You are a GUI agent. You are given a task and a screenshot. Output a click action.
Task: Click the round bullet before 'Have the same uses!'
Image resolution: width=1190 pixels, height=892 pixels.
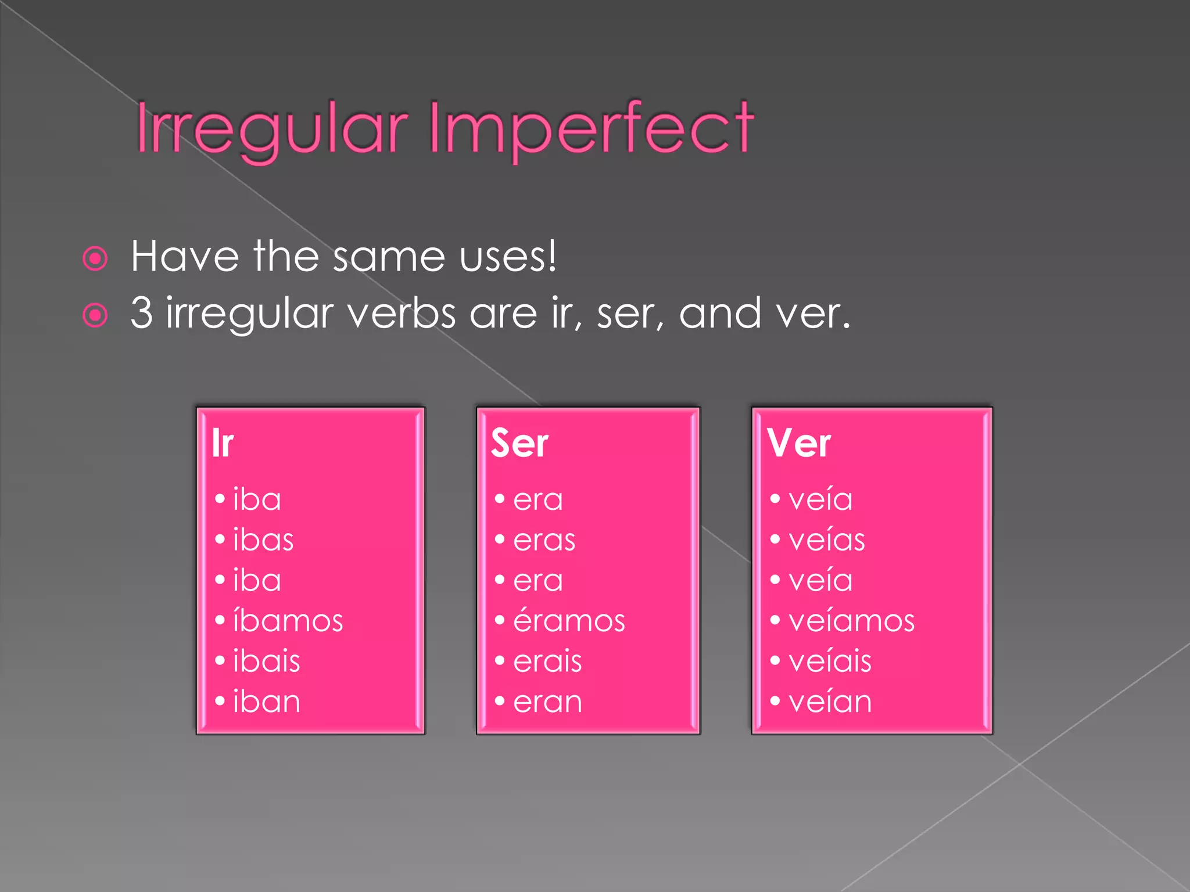tap(95, 258)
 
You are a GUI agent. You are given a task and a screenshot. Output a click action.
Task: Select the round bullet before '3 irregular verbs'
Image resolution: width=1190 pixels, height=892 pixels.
tap(95, 315)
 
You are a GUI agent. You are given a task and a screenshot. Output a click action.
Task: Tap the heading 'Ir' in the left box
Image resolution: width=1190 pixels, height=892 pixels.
tap(223, 443)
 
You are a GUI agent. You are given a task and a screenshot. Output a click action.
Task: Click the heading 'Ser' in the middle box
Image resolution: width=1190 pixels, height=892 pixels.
tap(519, 443)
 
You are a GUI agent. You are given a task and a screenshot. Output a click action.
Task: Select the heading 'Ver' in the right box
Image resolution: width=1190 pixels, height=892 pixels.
tap(799, 443)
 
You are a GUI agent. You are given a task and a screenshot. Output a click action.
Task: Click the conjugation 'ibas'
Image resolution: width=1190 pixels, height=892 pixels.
tap(263, 540)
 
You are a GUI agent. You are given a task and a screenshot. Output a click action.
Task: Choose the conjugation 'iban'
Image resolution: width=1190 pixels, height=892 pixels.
tap(267, 702)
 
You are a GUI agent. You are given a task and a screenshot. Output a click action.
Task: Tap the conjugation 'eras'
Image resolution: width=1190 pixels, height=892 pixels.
tap(544, 541)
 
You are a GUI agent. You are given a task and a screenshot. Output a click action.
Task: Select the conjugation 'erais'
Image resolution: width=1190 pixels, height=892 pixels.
tap(547, 661)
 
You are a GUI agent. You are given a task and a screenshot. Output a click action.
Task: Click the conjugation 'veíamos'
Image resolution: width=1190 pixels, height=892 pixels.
tap(851, 620)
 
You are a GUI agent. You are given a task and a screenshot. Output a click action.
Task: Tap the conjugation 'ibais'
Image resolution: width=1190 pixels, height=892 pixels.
tap(267, 661)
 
